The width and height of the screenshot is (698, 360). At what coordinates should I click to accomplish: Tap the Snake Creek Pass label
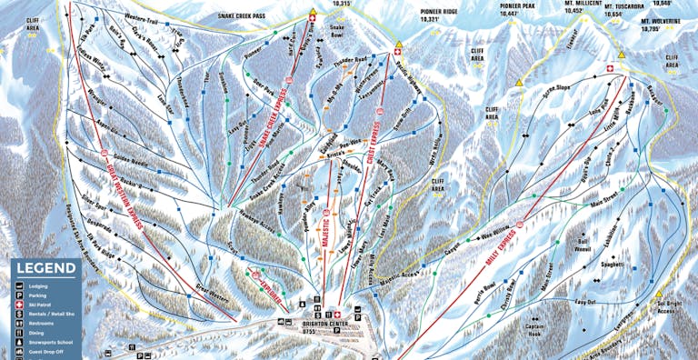pyautogui.click(x=248, y=16)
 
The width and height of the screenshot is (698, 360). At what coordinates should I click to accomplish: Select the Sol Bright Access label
pyautogui.click(x=667, y=306)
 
